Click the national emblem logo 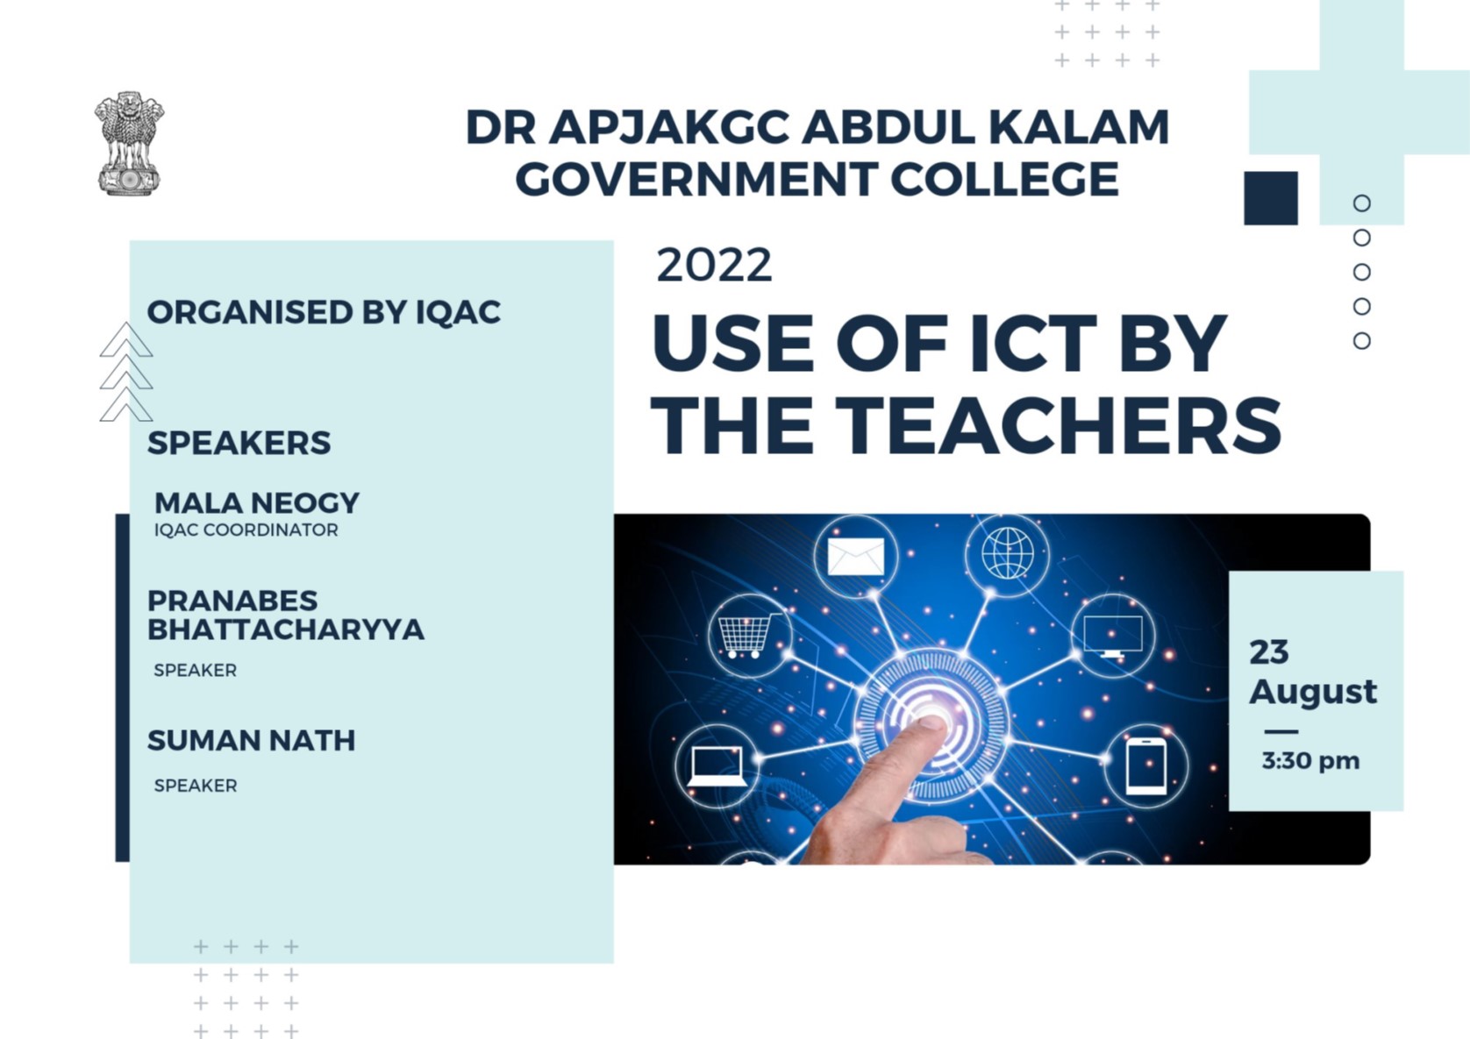[x=129, y=144]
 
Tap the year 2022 [x=714, y=265]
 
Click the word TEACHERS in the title [x=1059, y=426]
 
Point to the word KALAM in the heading [x=1079, y=127]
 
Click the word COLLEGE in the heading [x=1005, y=180]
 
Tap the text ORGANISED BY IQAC [x=324, y=312]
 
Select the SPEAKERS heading [x=239, y=443]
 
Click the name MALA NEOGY [x=257, y=502]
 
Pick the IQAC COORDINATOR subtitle [x=246, y=530]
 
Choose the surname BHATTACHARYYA [x=286, y=630]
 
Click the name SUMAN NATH [x=251, y=740]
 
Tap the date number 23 [x=1268, y=651]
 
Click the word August [x=1312, y=691]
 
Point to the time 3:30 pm [x=1310, y=760]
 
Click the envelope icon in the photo [x=855, y=557]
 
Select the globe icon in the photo [x=1007, y=553]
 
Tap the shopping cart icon [x=748, y=635]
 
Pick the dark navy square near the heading [x=1270, y=198]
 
